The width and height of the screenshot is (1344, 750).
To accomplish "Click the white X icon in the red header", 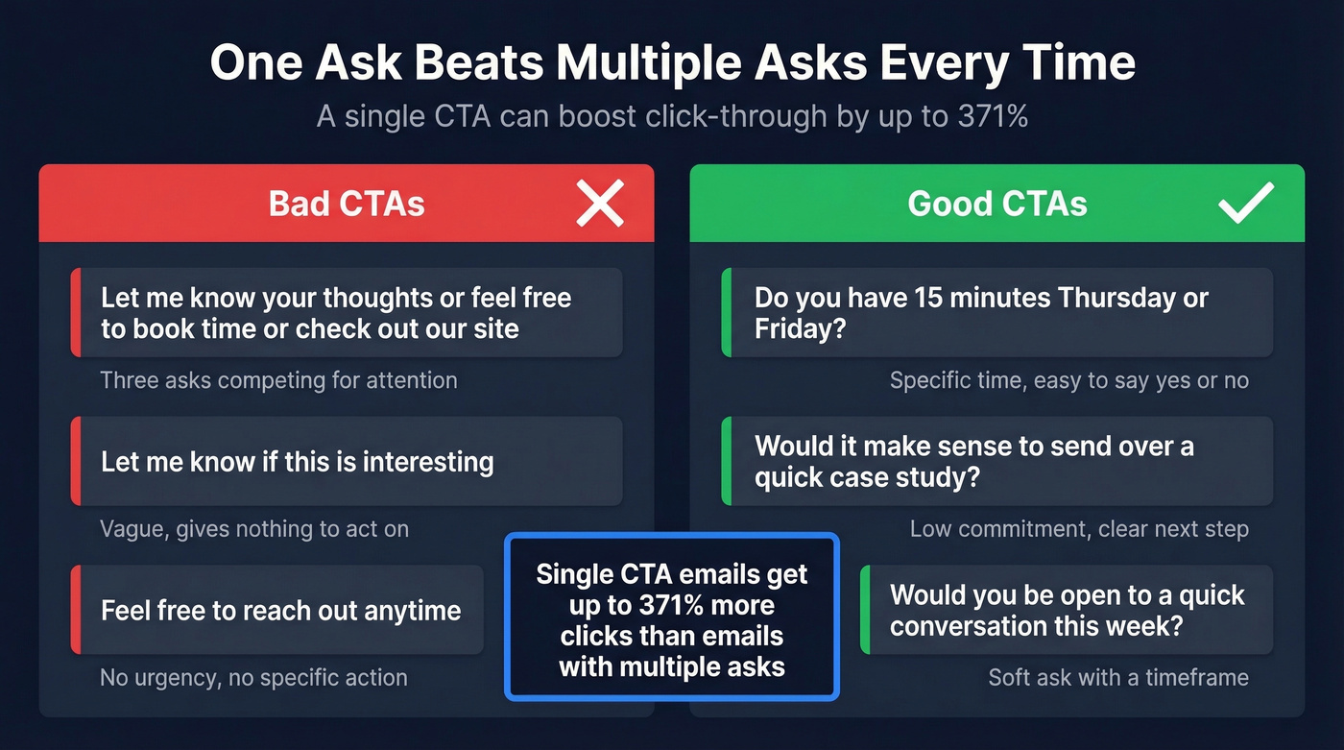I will coord(600,204).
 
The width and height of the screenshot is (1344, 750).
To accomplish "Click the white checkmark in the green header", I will coord(1245,203).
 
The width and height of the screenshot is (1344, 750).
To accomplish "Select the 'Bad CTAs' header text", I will coord(347,204).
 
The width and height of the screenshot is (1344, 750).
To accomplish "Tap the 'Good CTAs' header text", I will coord(997,204).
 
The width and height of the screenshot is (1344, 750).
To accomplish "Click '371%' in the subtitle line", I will coord(992,116).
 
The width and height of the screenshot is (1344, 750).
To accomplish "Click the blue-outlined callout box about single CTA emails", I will coord(672,617).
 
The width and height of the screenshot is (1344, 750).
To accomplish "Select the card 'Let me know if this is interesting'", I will coord(347,462).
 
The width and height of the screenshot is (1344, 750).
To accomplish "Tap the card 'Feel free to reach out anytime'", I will coord(277,611).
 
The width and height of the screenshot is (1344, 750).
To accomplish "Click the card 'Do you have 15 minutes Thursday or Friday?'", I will coord(997,313).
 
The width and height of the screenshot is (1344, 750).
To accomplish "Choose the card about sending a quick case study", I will coord(997,462).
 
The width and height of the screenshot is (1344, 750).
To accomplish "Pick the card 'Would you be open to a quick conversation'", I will coord(1067,611).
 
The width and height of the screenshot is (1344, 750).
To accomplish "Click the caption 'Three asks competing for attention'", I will coord(278,380).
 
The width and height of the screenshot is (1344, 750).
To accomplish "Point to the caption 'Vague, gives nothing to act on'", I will coord(254,529).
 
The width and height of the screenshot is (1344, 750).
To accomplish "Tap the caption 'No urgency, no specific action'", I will coord(253,678).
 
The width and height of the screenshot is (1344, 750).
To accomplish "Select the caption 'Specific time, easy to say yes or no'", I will coord(1068,380).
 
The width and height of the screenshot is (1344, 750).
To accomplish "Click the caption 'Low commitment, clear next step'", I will coord(1079,529).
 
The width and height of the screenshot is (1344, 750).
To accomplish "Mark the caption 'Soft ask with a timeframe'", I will coord(1118,678).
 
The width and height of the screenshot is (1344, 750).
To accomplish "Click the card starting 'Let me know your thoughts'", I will coord(347,313).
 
